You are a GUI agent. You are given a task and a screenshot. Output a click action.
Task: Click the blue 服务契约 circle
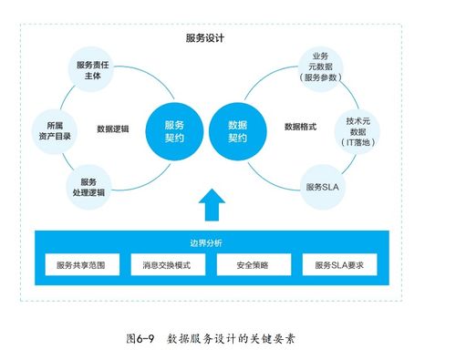tap(173, 129)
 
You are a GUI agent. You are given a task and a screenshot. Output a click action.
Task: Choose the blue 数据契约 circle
tap(236, 129)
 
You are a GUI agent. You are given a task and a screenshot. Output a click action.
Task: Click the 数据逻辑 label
tap(112, 129)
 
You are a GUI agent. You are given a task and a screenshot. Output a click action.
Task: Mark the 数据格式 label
tap(300, 127)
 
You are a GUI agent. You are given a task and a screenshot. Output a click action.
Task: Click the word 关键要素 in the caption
tap(273, 337)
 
